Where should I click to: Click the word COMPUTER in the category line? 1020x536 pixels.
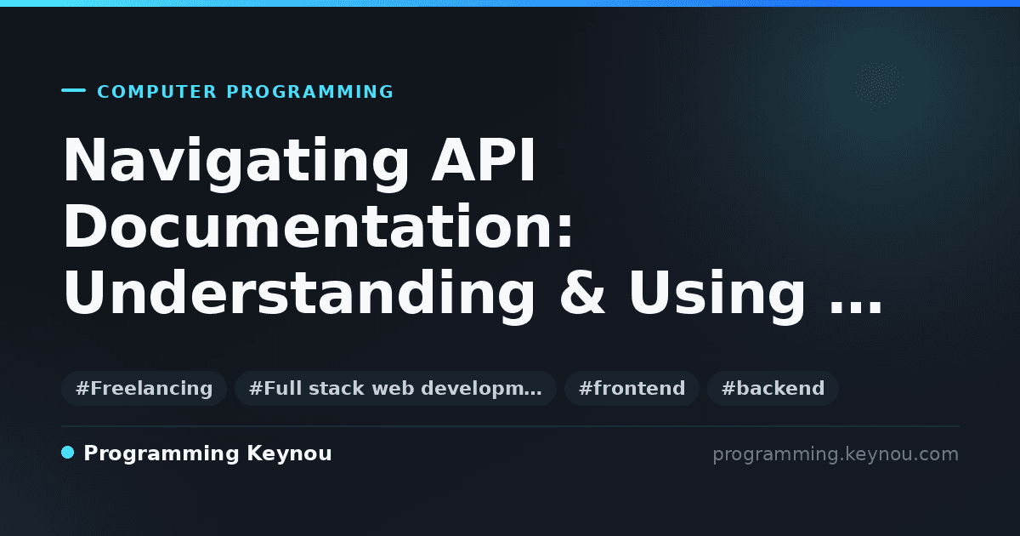coord(156,92)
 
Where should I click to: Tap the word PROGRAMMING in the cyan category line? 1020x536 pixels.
coord(309,92)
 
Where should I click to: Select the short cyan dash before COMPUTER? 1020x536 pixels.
coord(73,90)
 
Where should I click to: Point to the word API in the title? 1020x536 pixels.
coord(483,160)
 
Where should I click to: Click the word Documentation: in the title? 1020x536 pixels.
coord(318,226)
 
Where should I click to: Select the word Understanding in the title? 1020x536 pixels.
coord(299,295)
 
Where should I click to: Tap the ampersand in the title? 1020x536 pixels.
coord(582,293)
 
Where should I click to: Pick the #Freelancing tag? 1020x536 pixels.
coord(144,388)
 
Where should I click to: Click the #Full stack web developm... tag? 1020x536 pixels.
coord(395,388)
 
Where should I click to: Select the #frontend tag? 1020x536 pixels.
coord(632,388)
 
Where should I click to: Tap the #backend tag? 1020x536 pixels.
coord(773,388)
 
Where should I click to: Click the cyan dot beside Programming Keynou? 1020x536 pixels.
coord(67,453)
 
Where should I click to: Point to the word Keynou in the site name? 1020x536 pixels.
coord(289,454)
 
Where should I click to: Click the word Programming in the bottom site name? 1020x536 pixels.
coord(161,454)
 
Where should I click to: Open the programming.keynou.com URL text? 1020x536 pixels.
coord(836,454)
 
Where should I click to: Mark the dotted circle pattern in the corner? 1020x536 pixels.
coord(879,86)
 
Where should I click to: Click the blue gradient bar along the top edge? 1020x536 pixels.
coord(510,3)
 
